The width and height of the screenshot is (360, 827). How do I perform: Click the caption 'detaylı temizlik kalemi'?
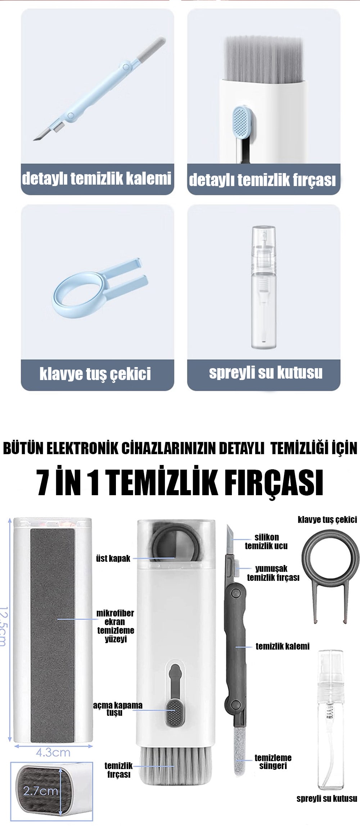[96, 179]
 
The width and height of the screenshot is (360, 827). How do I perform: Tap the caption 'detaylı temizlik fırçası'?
[262, 180]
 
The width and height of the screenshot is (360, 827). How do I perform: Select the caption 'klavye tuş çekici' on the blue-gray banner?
[95, 374]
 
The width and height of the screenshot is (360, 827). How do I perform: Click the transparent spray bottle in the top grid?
[264, 287]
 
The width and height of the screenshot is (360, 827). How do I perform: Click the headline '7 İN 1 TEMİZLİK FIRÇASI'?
[180, 482]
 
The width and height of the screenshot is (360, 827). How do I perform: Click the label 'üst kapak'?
[113, 559]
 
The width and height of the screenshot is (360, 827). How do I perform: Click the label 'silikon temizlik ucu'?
[266, 541]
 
